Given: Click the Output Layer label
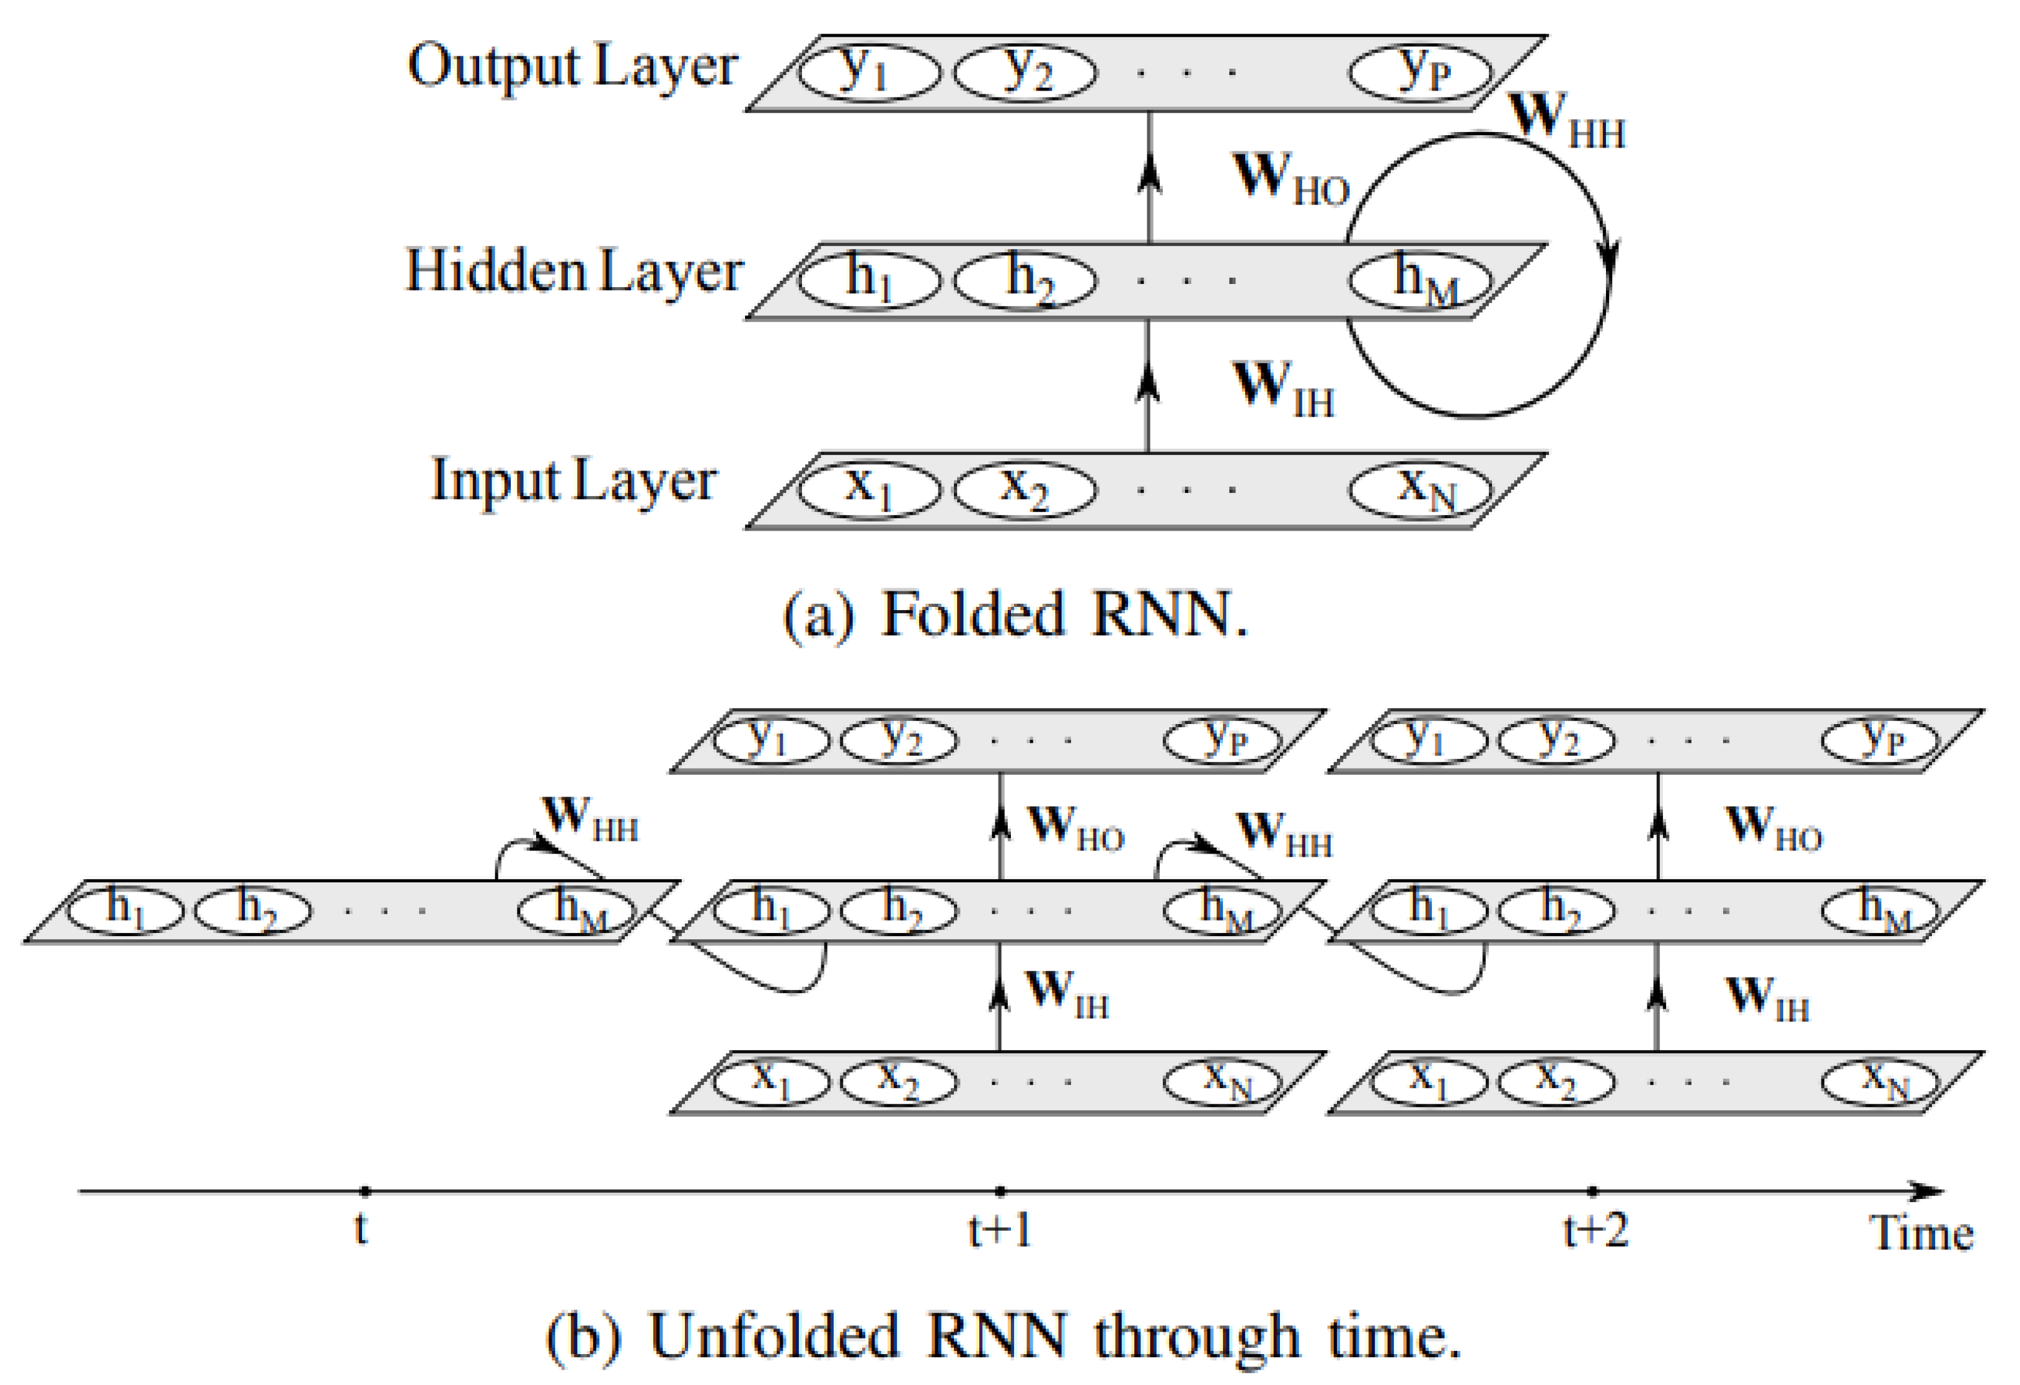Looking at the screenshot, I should [572, 67].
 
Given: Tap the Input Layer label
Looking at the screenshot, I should [574, 481].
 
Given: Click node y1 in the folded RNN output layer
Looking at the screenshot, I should [868, 71].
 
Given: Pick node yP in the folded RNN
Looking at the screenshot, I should [1420, 71].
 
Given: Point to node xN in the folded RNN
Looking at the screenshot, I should [1420, 489].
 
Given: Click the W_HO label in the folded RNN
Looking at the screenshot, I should [1290, 178].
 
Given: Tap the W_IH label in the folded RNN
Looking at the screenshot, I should [1283, 389].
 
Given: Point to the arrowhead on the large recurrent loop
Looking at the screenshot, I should [1609, 257].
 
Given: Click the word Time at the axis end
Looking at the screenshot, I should [1921, 1233].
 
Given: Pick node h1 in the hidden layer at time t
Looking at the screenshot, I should [125, 909].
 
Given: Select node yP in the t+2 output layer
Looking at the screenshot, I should [1880, 740].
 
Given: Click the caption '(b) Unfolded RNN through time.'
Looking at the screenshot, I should [1004, 1335].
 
